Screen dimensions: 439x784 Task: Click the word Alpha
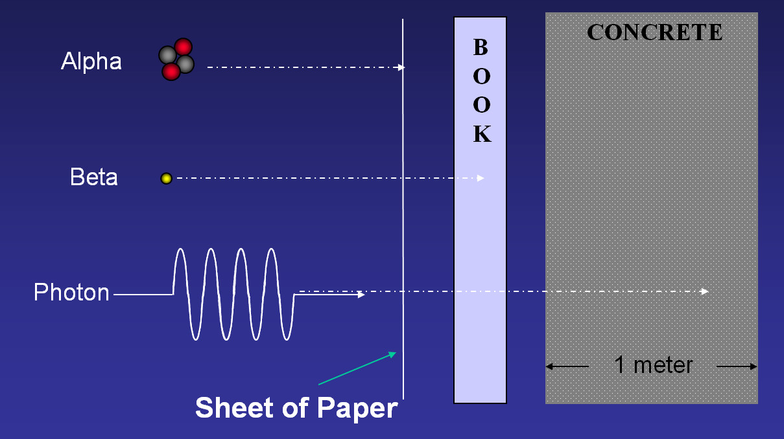[x=91, y=62]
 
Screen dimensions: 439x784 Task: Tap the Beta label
[x=94, y=177]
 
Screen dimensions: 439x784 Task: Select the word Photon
[x=71, y=293]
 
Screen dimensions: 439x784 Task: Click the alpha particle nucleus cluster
[x=176, y=60]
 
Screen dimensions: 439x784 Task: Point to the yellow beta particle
[x=166, y=178]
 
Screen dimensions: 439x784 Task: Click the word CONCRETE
[x=654, y=32]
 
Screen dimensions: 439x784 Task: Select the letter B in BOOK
[x=480, y=47]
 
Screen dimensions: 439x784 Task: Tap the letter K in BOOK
[x=481, y=134]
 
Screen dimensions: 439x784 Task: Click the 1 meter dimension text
[x=653, y=366]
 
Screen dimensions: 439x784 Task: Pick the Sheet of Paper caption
[x=296, y=408]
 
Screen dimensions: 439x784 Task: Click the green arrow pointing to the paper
[x=357, y=368]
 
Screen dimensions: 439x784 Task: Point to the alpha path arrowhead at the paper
[x=401, y=67]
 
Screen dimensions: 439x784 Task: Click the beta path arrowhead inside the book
[x=481, y=178]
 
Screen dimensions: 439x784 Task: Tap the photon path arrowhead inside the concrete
[x=705, y=291]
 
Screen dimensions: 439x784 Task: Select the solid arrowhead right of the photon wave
[x=361, y=295]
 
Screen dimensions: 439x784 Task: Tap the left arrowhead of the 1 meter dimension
[x=549, y=366]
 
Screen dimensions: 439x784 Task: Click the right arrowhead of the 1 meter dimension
[x=754, y=366]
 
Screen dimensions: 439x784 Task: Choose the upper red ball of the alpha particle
[x=183, y=47]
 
